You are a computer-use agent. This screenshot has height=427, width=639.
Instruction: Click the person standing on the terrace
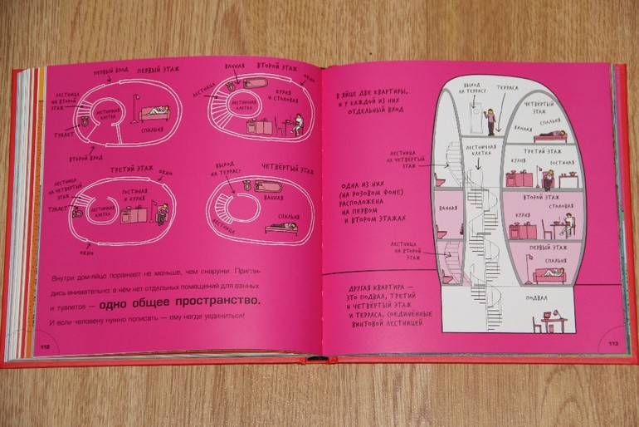pos(490,120)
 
